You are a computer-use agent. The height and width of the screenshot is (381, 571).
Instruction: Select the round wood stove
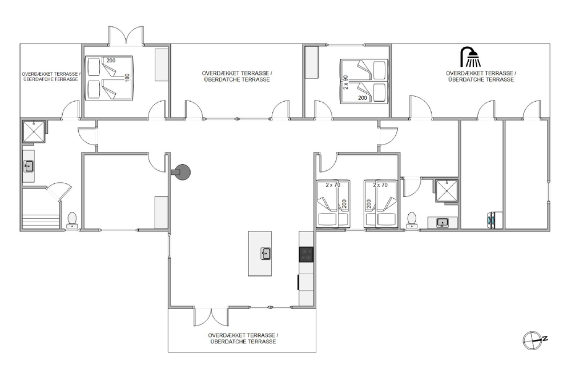click(182, 171)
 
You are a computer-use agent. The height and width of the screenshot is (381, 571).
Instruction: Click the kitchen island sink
click(266, 254)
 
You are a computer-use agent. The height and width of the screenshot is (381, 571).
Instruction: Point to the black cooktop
click(306, 254)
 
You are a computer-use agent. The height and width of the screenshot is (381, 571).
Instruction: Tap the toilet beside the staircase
click(72, 220)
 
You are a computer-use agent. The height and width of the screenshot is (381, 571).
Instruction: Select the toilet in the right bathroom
click(412, 220)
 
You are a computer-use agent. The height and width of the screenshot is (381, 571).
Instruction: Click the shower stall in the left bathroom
click(34, 131)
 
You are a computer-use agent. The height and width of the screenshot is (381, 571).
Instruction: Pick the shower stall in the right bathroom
click(447, 191)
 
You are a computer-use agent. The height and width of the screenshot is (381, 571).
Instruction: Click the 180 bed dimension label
click(127, 77)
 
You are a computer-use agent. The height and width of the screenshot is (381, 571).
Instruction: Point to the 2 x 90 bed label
click(345, 82)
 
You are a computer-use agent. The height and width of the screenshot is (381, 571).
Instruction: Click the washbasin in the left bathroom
click(29, 166)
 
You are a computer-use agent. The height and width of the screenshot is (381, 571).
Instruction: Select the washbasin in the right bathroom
click(443, 223)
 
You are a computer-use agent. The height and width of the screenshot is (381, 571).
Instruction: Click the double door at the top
click(126, 35)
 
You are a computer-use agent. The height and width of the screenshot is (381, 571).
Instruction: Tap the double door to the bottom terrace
click(211, 317)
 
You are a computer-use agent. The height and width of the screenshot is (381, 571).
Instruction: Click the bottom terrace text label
click(243, 338)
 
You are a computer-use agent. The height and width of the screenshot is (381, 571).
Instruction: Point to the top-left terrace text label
click(51, 77)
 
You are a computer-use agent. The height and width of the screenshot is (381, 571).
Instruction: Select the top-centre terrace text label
click(237, 76)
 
